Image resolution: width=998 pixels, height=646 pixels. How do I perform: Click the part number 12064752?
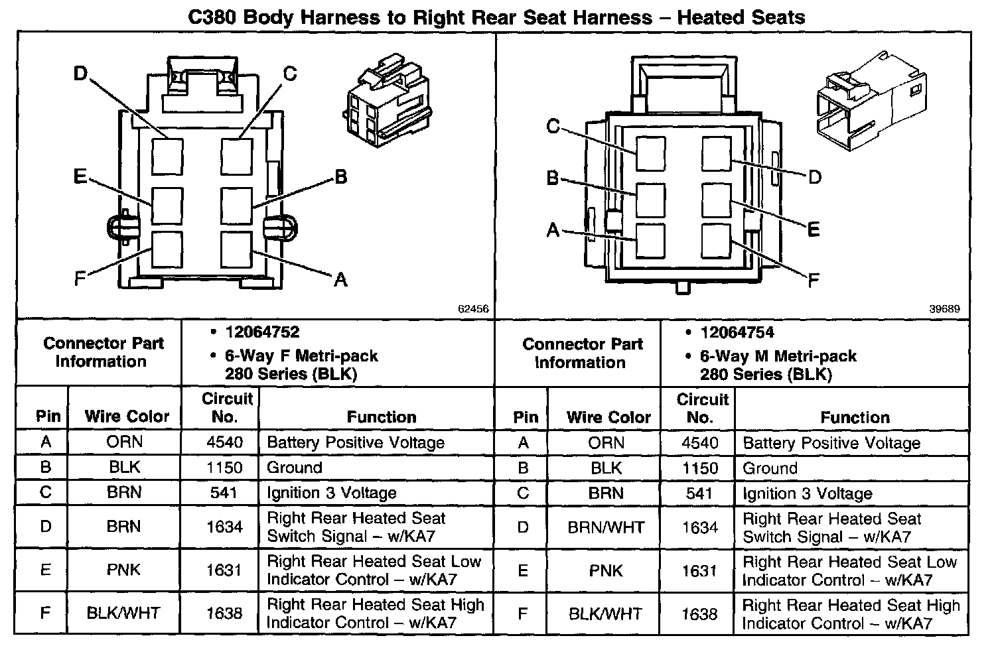pos(262,332)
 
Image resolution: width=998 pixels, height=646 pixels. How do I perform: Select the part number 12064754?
pos(737,332)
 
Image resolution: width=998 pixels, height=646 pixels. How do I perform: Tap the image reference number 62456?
pos(473,309)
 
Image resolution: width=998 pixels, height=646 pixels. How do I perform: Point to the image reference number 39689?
pos(944,309)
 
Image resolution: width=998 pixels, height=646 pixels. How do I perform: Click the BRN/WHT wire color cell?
pos(606,527)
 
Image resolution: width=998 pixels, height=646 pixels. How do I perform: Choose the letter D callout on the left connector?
pos(80,73)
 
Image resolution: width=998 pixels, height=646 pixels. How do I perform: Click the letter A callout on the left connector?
pos(340,280)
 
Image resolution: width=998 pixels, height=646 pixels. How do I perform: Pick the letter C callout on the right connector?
pos(553,125)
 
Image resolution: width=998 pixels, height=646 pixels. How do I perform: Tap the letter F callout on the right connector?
pos(814,281)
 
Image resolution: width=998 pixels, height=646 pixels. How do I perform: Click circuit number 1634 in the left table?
pos(224,527)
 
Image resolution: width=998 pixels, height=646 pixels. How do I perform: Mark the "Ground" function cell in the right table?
pos(770,468)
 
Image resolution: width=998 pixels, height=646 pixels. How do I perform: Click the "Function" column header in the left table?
pos(382,417)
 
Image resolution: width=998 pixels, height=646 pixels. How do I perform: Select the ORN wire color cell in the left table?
pos(124,442)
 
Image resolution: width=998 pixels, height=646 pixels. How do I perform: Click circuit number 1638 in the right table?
pos(699,614)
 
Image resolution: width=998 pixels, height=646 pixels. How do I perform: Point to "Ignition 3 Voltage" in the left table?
pos(331,493)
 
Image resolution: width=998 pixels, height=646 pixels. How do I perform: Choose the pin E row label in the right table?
pos(523,570)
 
